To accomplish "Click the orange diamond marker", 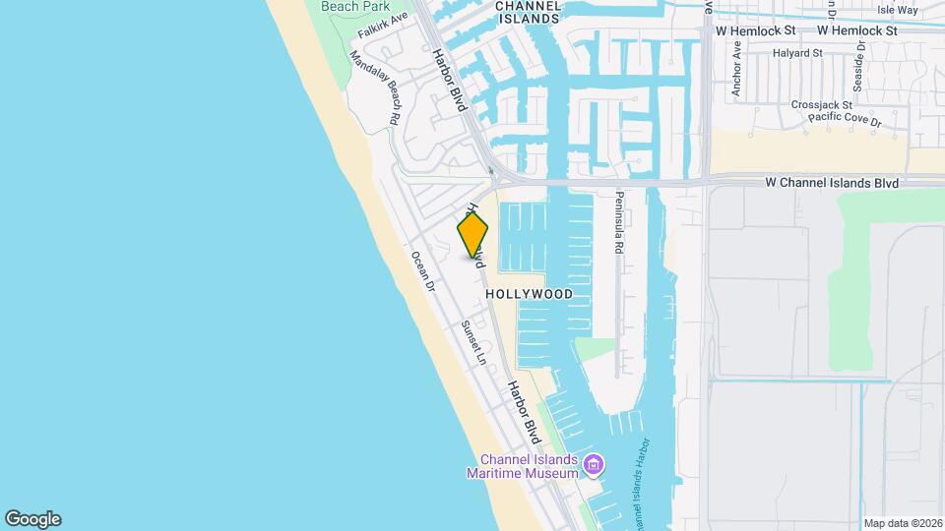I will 472,235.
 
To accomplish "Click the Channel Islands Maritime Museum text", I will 528,466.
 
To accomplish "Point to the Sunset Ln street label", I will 474,342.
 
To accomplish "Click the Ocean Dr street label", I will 423,272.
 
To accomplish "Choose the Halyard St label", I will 797,53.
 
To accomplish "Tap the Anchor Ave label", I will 736,83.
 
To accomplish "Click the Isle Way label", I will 897,10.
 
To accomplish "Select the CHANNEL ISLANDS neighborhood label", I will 528,12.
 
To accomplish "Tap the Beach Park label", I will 355,6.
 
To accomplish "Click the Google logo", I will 32,519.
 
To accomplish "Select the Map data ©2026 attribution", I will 902,523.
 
